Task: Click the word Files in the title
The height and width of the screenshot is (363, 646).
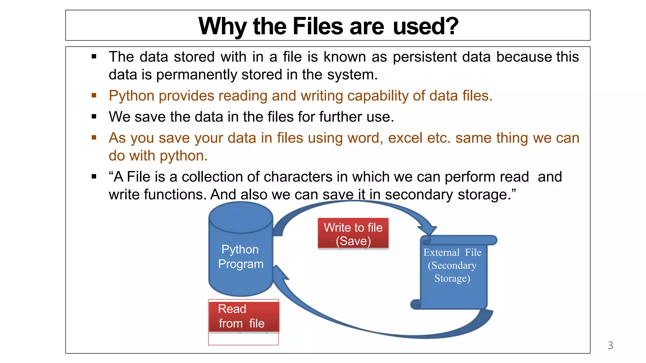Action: click(318, 26)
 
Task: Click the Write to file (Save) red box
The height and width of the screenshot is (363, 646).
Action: click(353, 233)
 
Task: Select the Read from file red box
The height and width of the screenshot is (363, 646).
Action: click(244, 316)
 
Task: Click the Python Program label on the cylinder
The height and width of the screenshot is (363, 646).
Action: click(241, 256)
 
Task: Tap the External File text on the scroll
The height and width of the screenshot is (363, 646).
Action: click(452, 252)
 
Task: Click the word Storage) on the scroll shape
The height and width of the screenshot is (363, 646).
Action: click(452, 278)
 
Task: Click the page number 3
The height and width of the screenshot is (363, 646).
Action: click(610, 345)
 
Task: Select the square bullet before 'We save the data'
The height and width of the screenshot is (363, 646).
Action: click(94, 117)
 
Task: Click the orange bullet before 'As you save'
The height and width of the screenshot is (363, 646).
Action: click(94, 137)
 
